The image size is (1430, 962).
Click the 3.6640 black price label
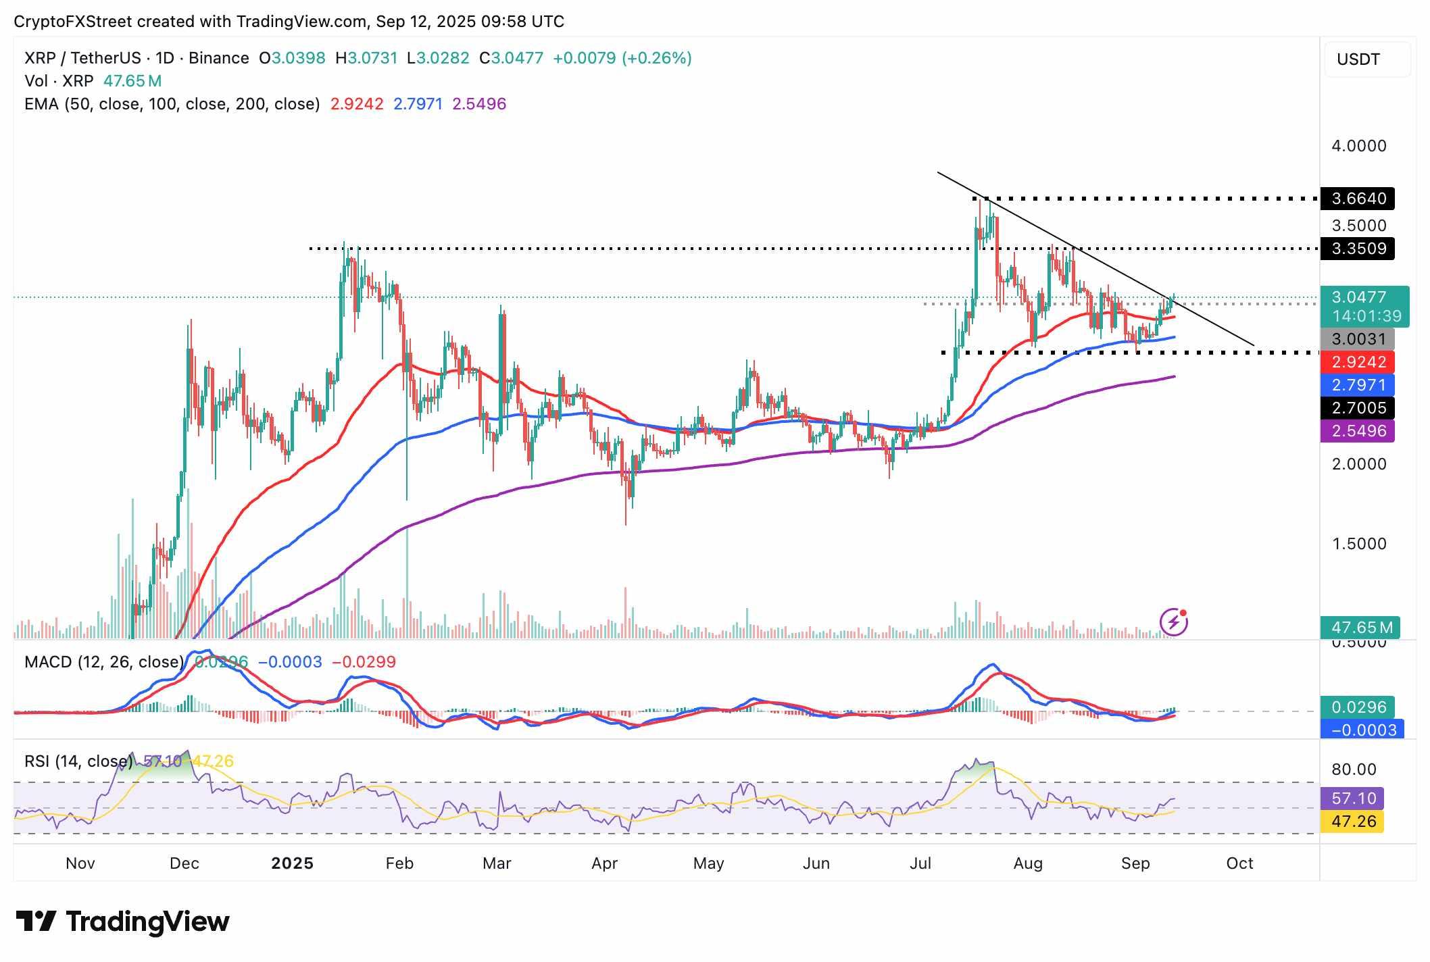(1358, 199)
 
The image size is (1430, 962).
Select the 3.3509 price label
(1358, 249)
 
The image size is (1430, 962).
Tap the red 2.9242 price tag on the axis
(1358, 362)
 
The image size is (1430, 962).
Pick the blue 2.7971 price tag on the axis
(1358, 385)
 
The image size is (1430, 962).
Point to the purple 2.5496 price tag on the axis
(1358, 431)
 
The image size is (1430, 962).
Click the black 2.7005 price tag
(1358, 408)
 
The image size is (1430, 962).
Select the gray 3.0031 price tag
(1358, 339)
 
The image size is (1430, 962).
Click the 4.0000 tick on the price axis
(1358, 146)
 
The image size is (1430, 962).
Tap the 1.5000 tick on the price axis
(1358, 544)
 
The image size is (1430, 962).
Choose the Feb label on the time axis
(399, 863)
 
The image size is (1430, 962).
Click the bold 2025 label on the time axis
(292, 863)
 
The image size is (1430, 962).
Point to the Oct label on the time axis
(1239, 863)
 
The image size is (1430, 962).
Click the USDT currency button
(1366, 59)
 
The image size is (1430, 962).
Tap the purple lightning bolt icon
(1174, 622)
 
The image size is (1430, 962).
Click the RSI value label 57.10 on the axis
(1352, 799)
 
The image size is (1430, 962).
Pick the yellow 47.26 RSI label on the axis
(1352, 821)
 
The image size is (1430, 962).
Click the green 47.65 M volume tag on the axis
(1361, 628)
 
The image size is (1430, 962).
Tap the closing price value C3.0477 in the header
(512, 58)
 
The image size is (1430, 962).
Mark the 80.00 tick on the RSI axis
(1354, 769)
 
